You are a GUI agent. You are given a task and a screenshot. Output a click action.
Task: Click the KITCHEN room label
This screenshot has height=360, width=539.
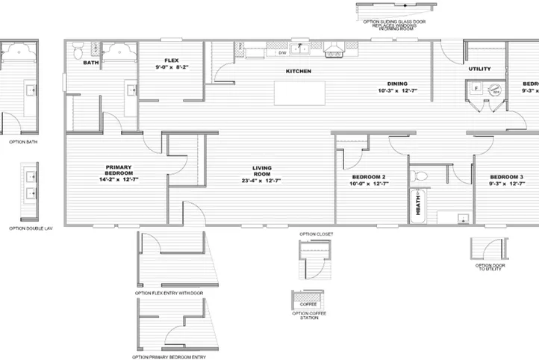point(298,71)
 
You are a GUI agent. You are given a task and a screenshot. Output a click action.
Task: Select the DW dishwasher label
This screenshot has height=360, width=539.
point(282,53)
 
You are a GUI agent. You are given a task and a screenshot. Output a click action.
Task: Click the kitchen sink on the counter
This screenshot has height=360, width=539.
point(303,49)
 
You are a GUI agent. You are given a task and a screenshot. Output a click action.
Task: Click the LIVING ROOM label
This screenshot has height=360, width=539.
point(261,174)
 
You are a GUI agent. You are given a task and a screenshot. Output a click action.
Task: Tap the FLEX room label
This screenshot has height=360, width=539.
point(172,63)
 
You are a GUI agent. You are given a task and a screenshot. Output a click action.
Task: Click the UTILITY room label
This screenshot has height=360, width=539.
point(479,69)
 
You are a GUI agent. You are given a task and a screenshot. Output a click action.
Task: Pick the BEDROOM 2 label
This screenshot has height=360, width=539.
point(368,180)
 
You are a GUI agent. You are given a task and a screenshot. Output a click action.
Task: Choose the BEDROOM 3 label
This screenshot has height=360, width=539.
point(505,180)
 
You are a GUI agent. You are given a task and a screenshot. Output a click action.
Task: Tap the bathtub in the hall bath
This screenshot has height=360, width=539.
point(417,205)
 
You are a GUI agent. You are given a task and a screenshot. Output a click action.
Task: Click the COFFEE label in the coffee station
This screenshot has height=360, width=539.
point(308,305)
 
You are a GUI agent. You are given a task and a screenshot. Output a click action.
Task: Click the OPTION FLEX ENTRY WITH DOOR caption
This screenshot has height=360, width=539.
point(169,294)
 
